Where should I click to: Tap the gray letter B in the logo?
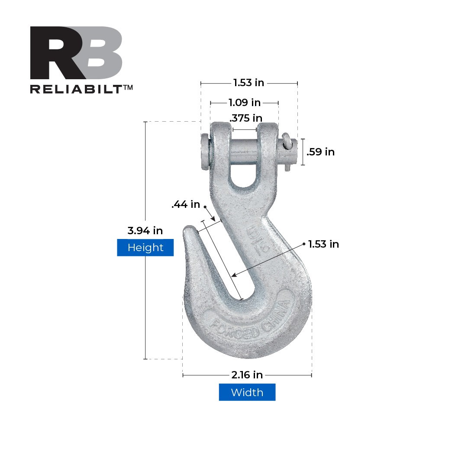tap(100, 53)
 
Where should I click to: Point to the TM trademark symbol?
tap(128, 87)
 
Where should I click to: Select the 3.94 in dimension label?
tap(145, 231)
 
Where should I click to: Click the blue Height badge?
tap(145, 248)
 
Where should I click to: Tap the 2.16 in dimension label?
tap(247, 374)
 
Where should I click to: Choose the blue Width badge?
tap(247, 392)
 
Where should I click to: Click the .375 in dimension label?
tap(246, 118)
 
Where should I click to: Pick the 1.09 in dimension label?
tap(245, 103)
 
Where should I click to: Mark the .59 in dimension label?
tap(320, 152)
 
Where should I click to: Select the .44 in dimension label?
tap(186, 204)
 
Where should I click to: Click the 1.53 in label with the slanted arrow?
tap(323, 244)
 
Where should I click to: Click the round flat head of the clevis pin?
tap(204, 152)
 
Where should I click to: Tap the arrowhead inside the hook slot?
tap(234, 274)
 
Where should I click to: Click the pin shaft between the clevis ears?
tap(244, 152)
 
